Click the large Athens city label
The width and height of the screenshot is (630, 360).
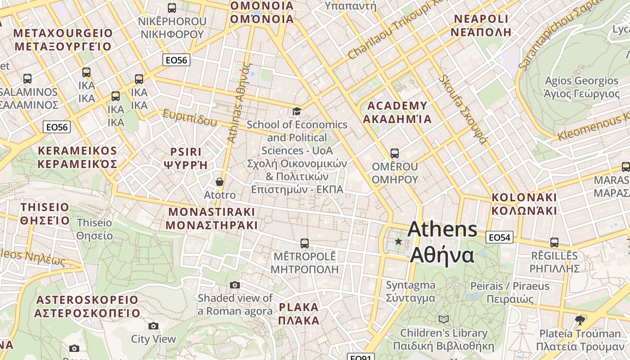(x=442, y=242)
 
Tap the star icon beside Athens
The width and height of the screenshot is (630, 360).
(x=398, y=242)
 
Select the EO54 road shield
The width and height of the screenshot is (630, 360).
(x=499, y=237)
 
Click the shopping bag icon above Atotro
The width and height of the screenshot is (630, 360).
(x=220, y=182)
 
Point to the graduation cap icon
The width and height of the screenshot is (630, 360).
(x=297, y=111)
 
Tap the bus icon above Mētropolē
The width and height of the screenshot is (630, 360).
(x=305, y=243)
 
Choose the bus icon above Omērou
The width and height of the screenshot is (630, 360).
(x=395, y=153)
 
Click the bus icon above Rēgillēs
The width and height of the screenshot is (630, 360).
(x=554, y=243)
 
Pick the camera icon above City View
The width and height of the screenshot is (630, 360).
(x=153, y=326)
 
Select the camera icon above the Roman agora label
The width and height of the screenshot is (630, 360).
(x=235, y=285)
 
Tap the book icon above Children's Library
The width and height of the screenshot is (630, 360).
(x=444, y=319)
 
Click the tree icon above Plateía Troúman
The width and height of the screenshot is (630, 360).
(x=580, y=320)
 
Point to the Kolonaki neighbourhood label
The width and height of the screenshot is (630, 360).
(x=524, y=204)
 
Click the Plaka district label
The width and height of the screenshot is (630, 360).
(x=299, y=314)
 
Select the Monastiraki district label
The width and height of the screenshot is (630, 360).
(x=211, y=218)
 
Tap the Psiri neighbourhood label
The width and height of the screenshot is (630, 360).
(x=186, y=158)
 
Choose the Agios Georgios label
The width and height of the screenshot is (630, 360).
(x=581, y=87)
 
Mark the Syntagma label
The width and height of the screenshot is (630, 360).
(x=410, y=292)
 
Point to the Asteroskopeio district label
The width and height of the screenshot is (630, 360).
(x=87, y=306)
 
